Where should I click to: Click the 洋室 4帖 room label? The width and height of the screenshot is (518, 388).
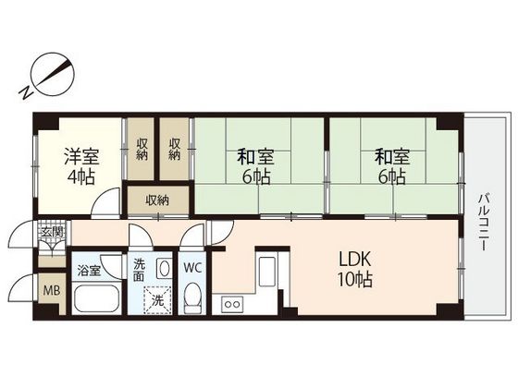(81, 166)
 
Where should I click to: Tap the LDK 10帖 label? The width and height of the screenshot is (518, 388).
(355, 269)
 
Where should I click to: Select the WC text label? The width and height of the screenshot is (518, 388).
(192, 268)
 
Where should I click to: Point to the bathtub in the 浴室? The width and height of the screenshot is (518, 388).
(96, 298)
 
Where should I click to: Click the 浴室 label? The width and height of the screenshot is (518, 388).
(89, 271)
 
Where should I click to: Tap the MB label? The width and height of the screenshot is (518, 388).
(52, 291)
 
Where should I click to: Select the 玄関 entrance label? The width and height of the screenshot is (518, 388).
(52, 232)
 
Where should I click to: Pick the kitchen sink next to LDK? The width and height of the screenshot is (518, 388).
(267, 272)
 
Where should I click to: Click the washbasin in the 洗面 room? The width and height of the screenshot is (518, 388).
(163, 268)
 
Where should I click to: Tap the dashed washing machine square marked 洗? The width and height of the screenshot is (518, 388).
(157, 300)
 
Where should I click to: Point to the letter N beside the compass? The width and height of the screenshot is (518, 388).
(26, 92)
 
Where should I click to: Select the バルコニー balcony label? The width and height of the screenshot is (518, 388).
(484, 223)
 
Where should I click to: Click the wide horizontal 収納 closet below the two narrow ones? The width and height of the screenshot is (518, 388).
(158, 200)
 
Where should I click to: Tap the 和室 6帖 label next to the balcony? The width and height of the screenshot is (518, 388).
(392, 166)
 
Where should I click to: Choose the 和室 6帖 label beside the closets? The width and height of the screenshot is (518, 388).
(255, 166)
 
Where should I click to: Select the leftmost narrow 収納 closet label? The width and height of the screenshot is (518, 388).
(142, 149)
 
